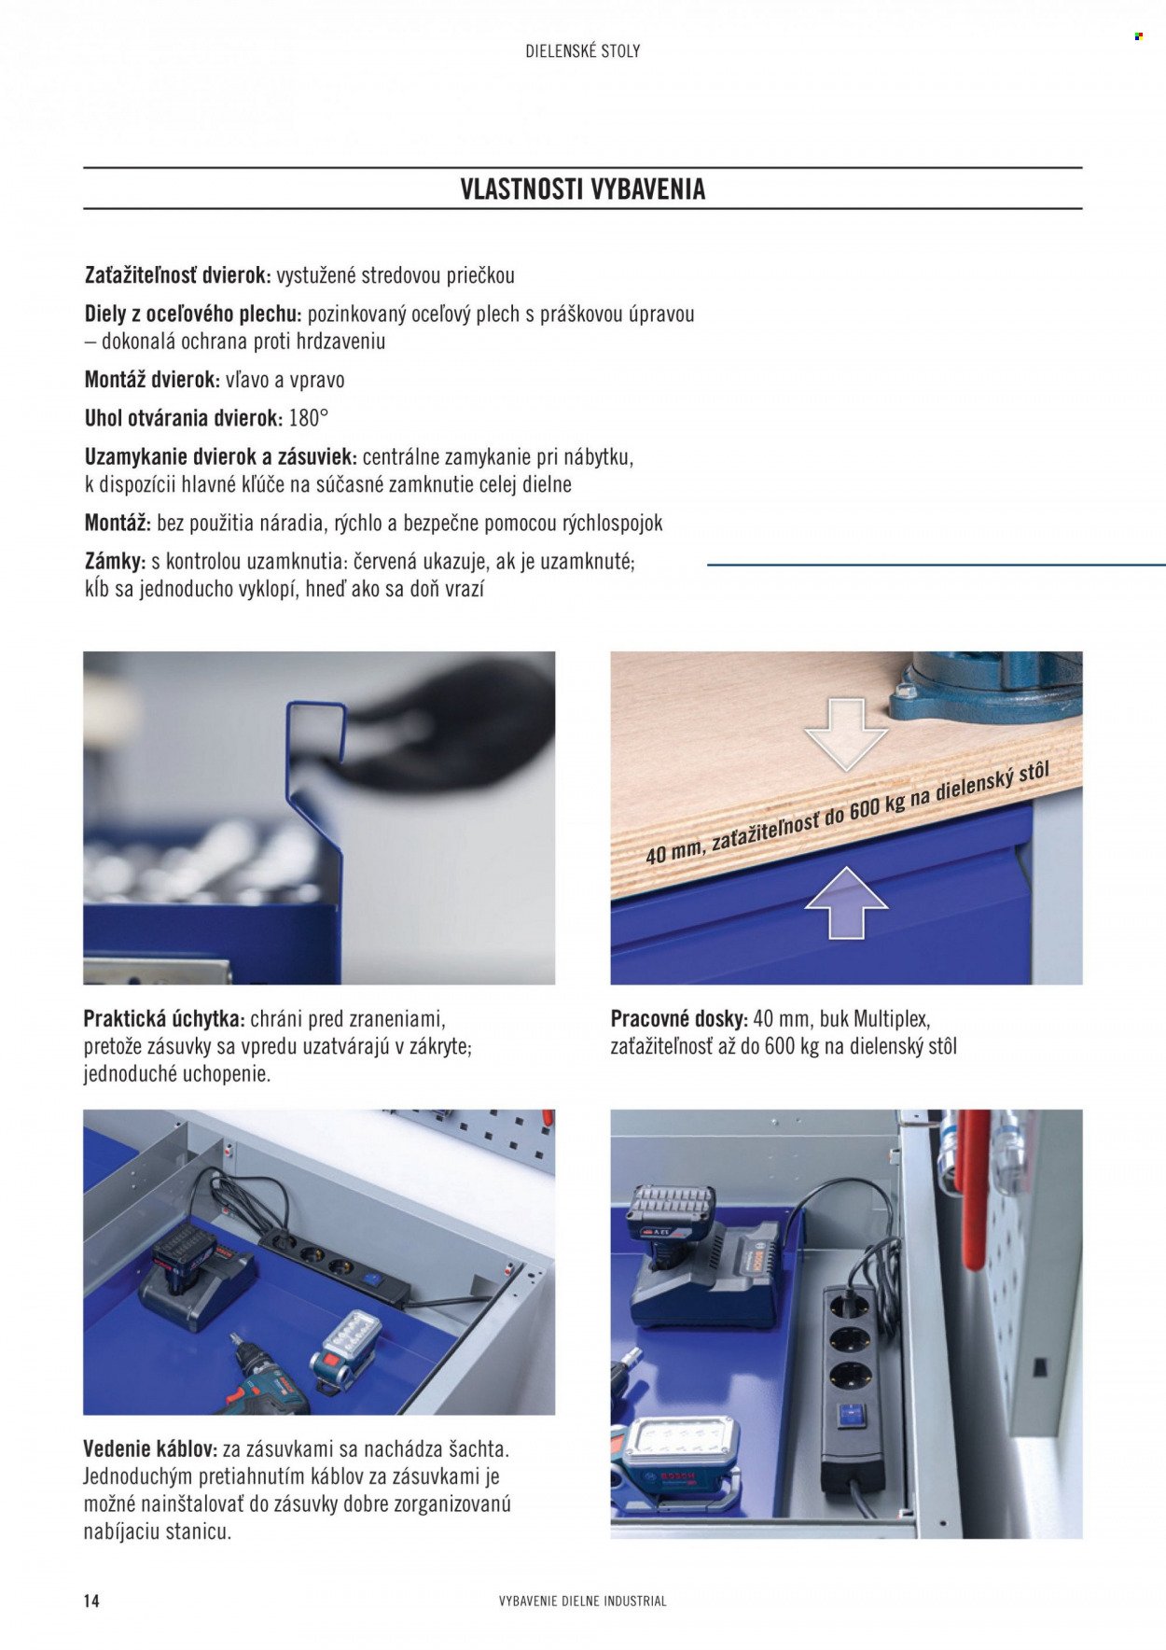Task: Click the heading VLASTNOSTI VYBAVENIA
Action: pyautogui.click(x=583, y=189)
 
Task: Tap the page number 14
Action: pyautogui.click(x=91, y=1601)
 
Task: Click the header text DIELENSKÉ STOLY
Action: pyautogui.click(x=583, y=51)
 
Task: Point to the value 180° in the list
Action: pyautogui.click(x=309, y=418)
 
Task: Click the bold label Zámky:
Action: pyautogui.click(x=115, y=563)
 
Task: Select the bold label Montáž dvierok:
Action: pyautogui.click(x=152, y=380)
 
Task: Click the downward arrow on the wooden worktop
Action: pyautogui.click(x=846, y=734)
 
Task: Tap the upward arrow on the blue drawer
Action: pyautogui.click(x=846, y=902)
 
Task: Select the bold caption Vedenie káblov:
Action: pyautogui.click(x=150, y=1449)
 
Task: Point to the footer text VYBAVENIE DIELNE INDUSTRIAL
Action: pyautogui.click(x=583, y=1601)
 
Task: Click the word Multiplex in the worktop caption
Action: pyautogui.click(x=892, y=1019)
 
